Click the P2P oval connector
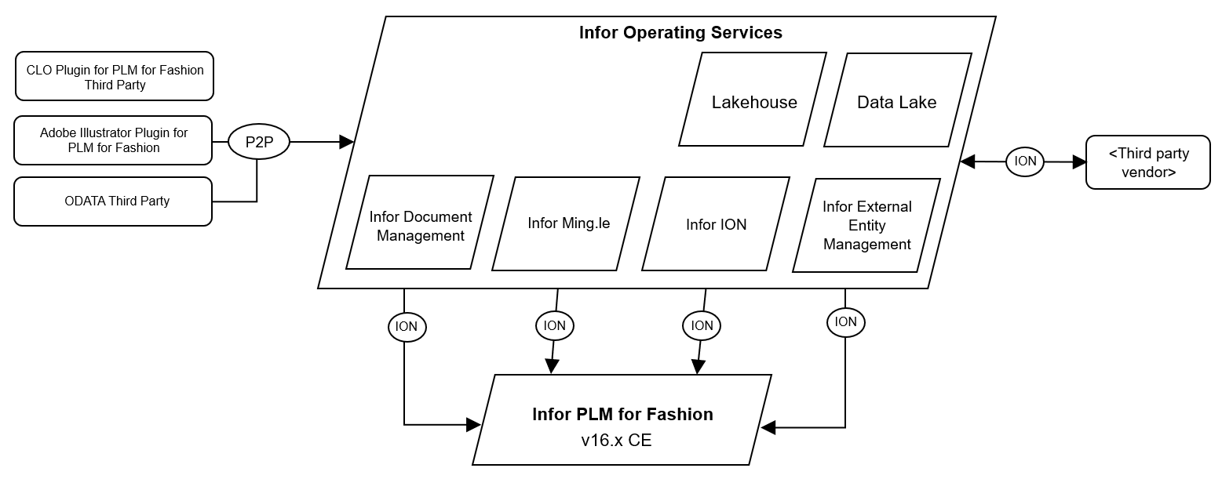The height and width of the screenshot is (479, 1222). (259, 142)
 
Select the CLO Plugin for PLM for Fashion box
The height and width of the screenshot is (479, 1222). (115, 77)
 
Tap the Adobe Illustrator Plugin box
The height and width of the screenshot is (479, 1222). (114, 140)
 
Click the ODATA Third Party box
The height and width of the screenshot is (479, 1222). (114, 201)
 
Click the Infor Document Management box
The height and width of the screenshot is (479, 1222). (420, 226)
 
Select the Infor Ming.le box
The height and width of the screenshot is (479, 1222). (568, 223)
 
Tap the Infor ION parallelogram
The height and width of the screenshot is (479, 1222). (716, 224)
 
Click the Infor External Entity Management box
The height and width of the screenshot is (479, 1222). (866, 226)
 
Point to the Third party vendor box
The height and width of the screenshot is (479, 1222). (1147, 162)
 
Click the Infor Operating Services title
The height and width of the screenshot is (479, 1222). (680, 33)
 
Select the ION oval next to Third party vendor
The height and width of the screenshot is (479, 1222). (1025, 161)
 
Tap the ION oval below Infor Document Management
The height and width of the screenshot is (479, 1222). (407, 327)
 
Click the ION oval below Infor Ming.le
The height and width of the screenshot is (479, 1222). (554, 325)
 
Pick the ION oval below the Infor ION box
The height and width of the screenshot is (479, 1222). (702, 325)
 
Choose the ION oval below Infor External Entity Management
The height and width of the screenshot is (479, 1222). (845, 321)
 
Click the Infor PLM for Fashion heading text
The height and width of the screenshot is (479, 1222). (622, 414)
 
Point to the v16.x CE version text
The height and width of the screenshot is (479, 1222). (616, 441)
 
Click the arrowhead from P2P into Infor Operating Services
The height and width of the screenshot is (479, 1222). (346, 142)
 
